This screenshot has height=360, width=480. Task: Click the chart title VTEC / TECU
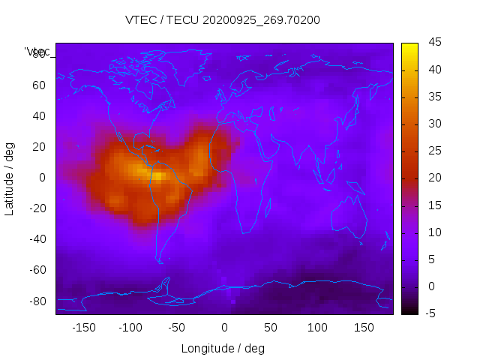point(223,20)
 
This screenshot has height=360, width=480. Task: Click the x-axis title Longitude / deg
point(223,349)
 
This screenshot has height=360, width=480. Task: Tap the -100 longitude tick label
point(130,328)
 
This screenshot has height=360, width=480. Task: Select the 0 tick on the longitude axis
point(224,328)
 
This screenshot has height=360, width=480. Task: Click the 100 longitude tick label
point(317,328)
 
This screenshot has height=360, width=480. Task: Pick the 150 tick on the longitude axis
point(364,328)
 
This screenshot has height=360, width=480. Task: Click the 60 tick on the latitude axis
point(39,85)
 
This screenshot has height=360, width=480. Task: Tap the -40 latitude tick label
point(37,239)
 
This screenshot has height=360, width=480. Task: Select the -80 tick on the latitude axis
point(37,301)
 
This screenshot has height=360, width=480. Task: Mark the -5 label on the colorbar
point(430,313)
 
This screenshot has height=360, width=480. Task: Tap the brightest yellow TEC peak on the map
point(159,177)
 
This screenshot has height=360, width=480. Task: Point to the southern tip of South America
point(160,262)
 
